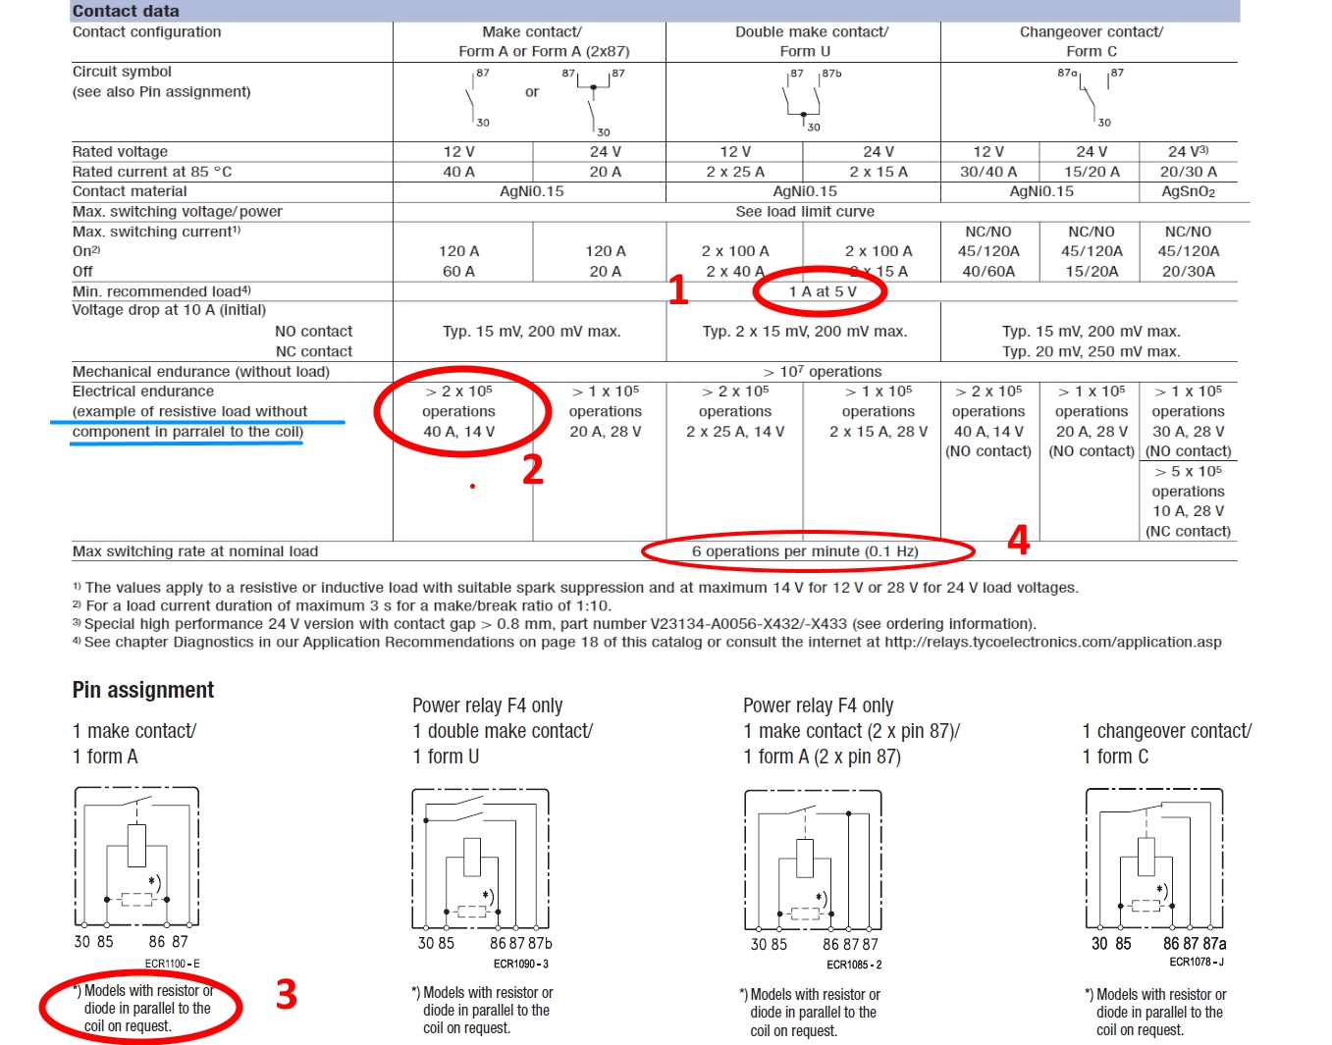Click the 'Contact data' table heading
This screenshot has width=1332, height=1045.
tap(126, 11)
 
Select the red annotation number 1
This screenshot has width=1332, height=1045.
tap(678, 289)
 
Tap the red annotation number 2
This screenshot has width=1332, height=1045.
tap(533, 470)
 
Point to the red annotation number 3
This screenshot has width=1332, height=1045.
tap(287, 994)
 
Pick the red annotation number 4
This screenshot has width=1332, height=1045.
tap(1019, 540)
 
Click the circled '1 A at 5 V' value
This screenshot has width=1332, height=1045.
tap(822, 291)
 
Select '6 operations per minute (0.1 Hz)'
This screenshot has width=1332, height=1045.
tap(805, 551)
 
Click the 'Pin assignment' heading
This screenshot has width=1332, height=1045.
tap(143, 690)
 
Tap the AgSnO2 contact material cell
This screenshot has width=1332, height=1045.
tap(1188, 191)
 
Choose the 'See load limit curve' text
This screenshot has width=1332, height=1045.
tap(805, 211)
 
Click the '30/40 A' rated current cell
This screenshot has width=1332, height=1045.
tap(988, 172)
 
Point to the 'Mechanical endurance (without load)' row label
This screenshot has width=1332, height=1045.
tap(201, 372)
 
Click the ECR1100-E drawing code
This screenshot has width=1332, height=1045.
tap(172, 964)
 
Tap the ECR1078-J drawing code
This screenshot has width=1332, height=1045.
tap(1196, 962)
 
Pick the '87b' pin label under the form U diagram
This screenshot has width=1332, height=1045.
tap(540, 943)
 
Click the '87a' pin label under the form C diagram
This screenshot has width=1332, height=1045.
tap(1213, 943)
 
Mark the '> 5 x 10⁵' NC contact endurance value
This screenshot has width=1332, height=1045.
tap(1188, 472)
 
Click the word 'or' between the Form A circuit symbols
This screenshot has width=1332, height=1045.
tap(531, 92)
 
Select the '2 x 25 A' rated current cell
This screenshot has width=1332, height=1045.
tap(735, 172)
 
